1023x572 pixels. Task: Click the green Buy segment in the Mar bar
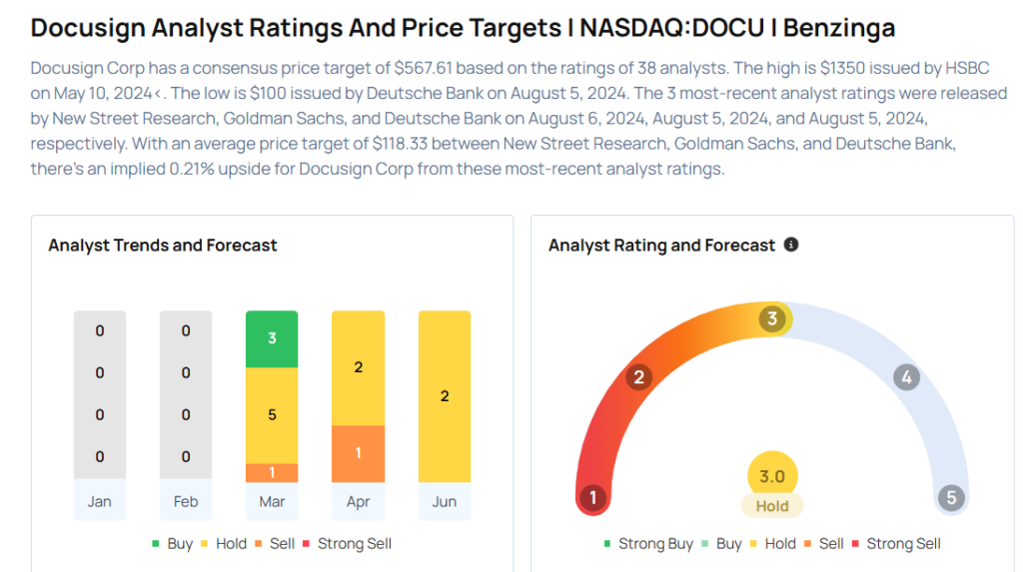[x=272, y=338]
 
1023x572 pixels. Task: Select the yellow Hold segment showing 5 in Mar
[x=272, y=414]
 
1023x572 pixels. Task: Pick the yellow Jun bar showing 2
[x=444, y=396]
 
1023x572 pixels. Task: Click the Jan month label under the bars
[x=99, y=501]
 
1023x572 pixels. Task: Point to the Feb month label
[x=186, y=501]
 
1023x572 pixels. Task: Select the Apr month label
[x=358, y=501]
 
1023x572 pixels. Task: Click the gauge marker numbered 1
[x=592, y=497]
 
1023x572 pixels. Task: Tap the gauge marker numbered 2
[x=637, y=377]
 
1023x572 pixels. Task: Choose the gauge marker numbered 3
[x=771, y=318]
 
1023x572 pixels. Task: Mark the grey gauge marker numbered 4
[x=906, y=377]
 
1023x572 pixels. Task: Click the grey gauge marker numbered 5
[x=951, y=497]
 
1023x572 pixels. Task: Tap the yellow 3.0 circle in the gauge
[x=772, y=476]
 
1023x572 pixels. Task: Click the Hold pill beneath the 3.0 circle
[x=772, y=506]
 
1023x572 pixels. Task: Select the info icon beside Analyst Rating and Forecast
[x=791, y=245]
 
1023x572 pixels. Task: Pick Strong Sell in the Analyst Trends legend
[x=354, y=544]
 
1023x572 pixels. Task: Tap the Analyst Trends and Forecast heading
[x=163, y=245]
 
